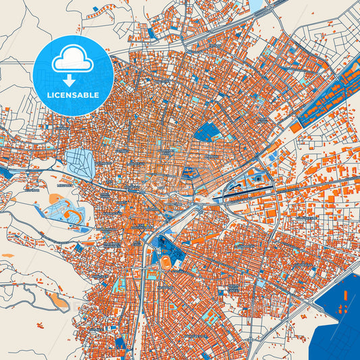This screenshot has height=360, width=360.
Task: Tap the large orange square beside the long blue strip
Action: [296, 126]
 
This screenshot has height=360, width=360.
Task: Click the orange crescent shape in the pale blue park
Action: [70, 216]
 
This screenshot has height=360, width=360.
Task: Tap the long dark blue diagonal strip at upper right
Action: [331, 95]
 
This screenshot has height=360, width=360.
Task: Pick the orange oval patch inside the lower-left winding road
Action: [59, 302]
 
